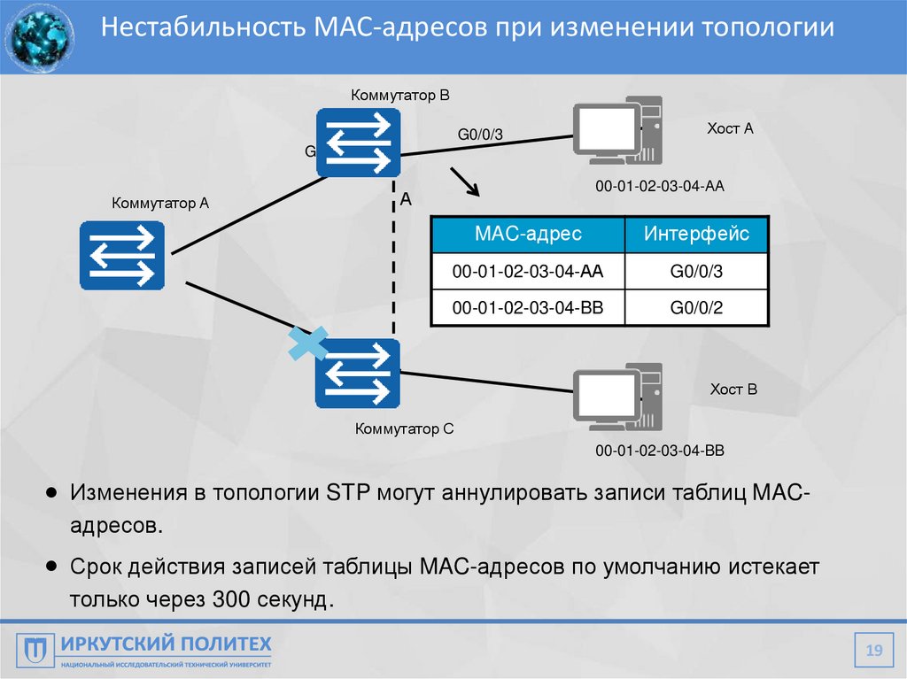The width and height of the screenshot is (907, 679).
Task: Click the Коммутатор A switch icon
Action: pos(122,256)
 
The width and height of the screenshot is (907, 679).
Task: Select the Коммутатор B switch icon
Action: pos(358,142)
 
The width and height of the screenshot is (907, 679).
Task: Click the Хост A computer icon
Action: pos(616,134)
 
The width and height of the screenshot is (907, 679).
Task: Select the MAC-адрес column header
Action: pos(528,234)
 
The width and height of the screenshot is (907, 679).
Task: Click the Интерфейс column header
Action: pos(696,234)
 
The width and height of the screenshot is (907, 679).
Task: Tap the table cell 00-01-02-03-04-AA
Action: pos(528,272)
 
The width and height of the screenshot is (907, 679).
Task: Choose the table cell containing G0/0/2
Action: pos(696,308)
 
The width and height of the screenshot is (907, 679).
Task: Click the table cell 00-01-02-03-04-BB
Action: pos(528,308)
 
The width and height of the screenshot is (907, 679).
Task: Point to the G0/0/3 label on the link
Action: pos(480,135)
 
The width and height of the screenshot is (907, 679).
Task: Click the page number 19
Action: pos(874,652)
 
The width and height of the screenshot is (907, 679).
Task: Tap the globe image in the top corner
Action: pos(38,36)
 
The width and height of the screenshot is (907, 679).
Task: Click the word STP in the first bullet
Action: pos(342,492)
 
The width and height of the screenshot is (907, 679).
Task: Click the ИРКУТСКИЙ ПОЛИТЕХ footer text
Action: pos(167,644)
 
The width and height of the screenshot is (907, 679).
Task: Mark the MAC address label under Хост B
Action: pos(660,451)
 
